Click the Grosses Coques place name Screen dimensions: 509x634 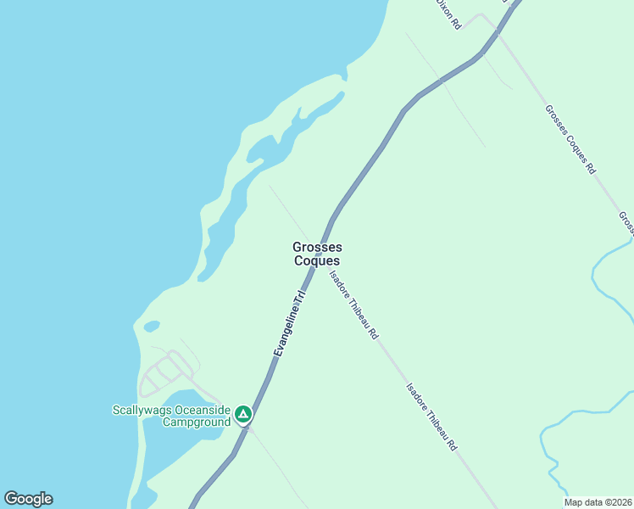317,254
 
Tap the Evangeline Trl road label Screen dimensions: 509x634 288,325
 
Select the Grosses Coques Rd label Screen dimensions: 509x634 570,139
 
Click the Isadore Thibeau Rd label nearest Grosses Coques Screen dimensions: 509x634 353,305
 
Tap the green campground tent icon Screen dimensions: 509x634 243,414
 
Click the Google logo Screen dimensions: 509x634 28,499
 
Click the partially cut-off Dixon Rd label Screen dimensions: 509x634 447,14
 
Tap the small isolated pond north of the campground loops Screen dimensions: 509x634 152,326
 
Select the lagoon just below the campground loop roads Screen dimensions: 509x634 174,424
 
